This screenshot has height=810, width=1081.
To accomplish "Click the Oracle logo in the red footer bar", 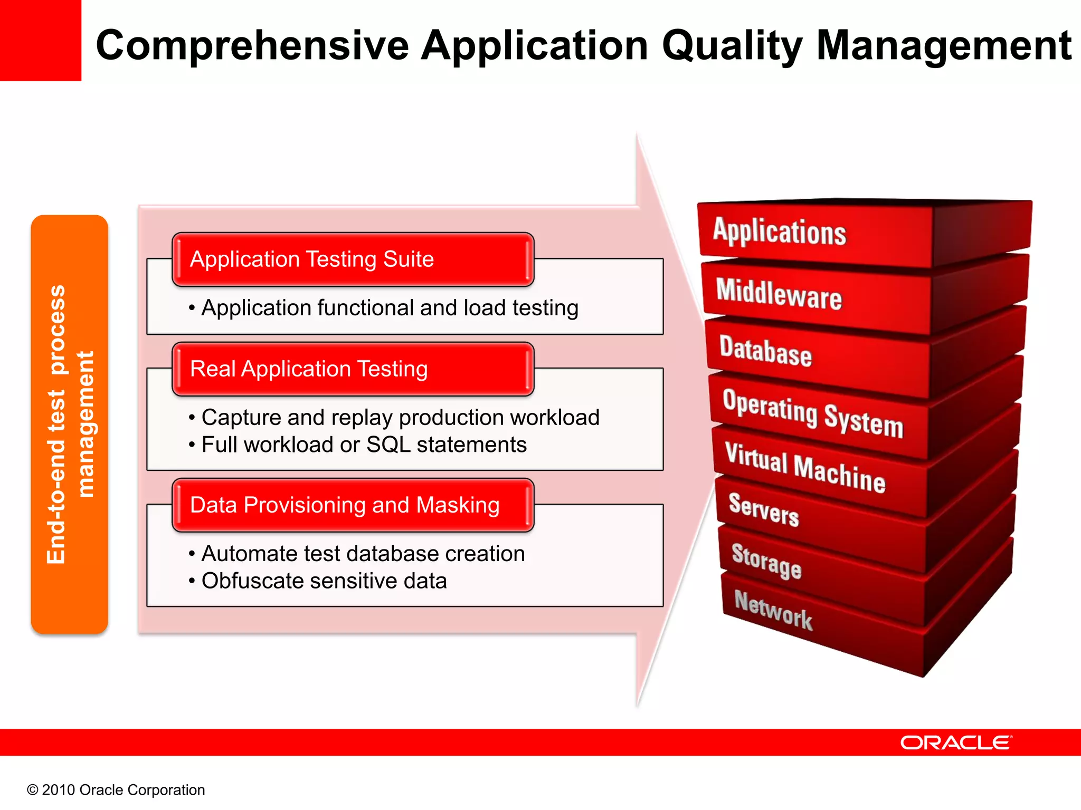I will pyautogui.click(x=956, y=742).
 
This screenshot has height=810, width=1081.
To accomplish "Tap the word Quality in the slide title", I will pyautogui.click(x=732, y=46).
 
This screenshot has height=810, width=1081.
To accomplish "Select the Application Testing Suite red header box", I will pyautogui.click(x=353, y=259).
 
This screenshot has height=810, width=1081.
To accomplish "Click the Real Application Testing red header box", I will pyautogui.click(x=353, y=369).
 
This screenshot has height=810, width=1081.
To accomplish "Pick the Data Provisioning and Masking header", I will pyautogui.click(x=353, y=505).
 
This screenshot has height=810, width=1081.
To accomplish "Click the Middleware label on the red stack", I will pyautogui.click(x=779, y=294).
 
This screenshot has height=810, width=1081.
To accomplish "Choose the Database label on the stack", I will pyautogui.click(x=765, y=351).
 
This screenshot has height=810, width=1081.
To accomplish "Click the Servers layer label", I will pyautogui.click(x=764, y=510).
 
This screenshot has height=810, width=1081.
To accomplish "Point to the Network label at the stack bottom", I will pyautogui.click(x=773, y=611).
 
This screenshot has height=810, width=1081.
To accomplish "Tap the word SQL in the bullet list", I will pyautogui.click(x=388, y=445).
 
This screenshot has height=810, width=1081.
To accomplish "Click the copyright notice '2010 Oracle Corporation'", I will pyautogui.click(x=116, y=790).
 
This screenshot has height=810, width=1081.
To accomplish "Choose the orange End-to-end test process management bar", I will pyautogui.click(x=70, y=424).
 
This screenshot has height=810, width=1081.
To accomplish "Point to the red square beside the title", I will pyautogui.click(x=40, y=40).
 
